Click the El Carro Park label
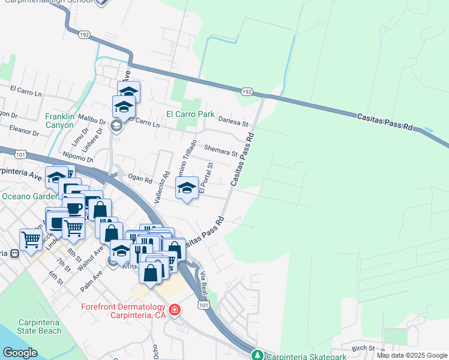[190, 113]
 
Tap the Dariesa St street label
[234, 122]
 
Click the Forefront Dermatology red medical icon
[174, 310]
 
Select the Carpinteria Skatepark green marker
[257, 356]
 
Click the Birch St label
[363, 348]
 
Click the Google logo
[20, 353]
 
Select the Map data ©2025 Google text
[412, 355]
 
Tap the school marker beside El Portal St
[187, 188]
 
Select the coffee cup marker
[74, 208]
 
